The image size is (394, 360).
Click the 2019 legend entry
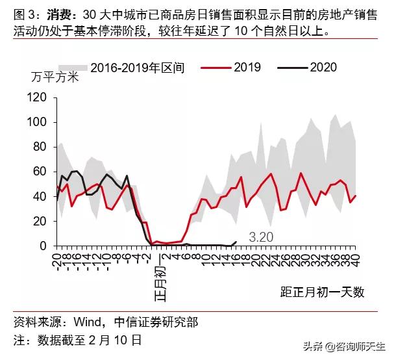click(233, 67)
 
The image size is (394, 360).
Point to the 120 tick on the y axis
click(38, 97)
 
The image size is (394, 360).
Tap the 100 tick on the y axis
click(38, 122)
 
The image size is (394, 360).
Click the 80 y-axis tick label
click(41, 147)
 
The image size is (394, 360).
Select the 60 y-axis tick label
click(41, 172)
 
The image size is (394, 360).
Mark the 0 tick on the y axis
click(44, 246)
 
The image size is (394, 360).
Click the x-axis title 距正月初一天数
click(323, 292)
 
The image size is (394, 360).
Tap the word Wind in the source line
click(86, 322)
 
